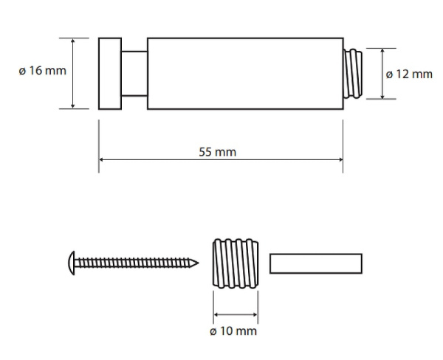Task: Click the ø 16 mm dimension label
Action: click(x=42, y=72)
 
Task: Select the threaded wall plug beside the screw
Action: click(x=236, y=263)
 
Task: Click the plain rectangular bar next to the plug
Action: click(x=316, y=263)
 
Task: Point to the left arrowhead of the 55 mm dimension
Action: click(x=101, y=159)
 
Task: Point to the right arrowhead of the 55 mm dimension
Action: click(x=340, y=159)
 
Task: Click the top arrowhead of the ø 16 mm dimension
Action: click(x=73, y=41)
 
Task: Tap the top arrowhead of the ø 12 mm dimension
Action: click(x=382, y=51)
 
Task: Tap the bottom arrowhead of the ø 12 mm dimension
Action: click(x=382, y=97)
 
